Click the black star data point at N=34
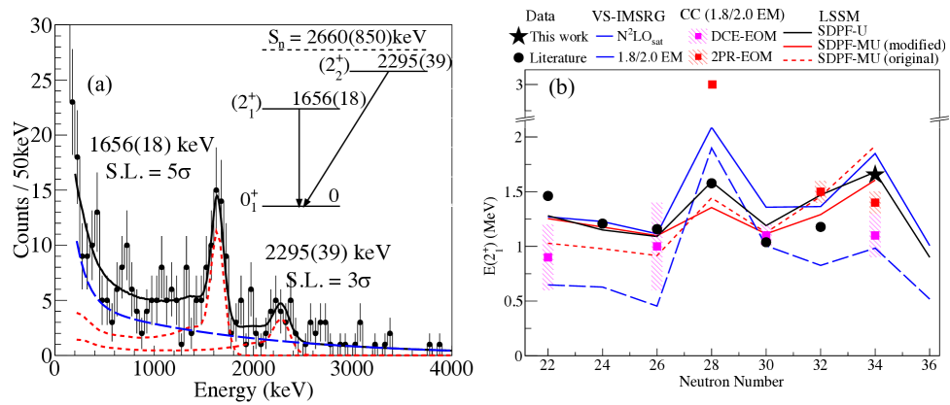coord(875,174)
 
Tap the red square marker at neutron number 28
coord(712,84)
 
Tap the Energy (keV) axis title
coord(253,390)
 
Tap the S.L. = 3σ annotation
coord(327,279)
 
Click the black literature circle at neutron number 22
coord(547,196)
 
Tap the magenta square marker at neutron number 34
coord(875,235)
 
